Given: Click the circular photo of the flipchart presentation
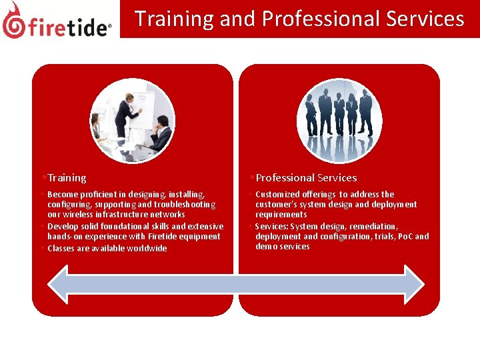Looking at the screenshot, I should [x=133, y=121].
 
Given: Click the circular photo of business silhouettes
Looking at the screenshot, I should [x=339, y=121].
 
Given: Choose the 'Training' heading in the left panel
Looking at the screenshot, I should [x=67, y=178].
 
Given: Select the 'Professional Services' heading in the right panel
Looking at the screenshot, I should [x=306, y=178].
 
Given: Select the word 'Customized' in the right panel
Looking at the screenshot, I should [x=278, y=194].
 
